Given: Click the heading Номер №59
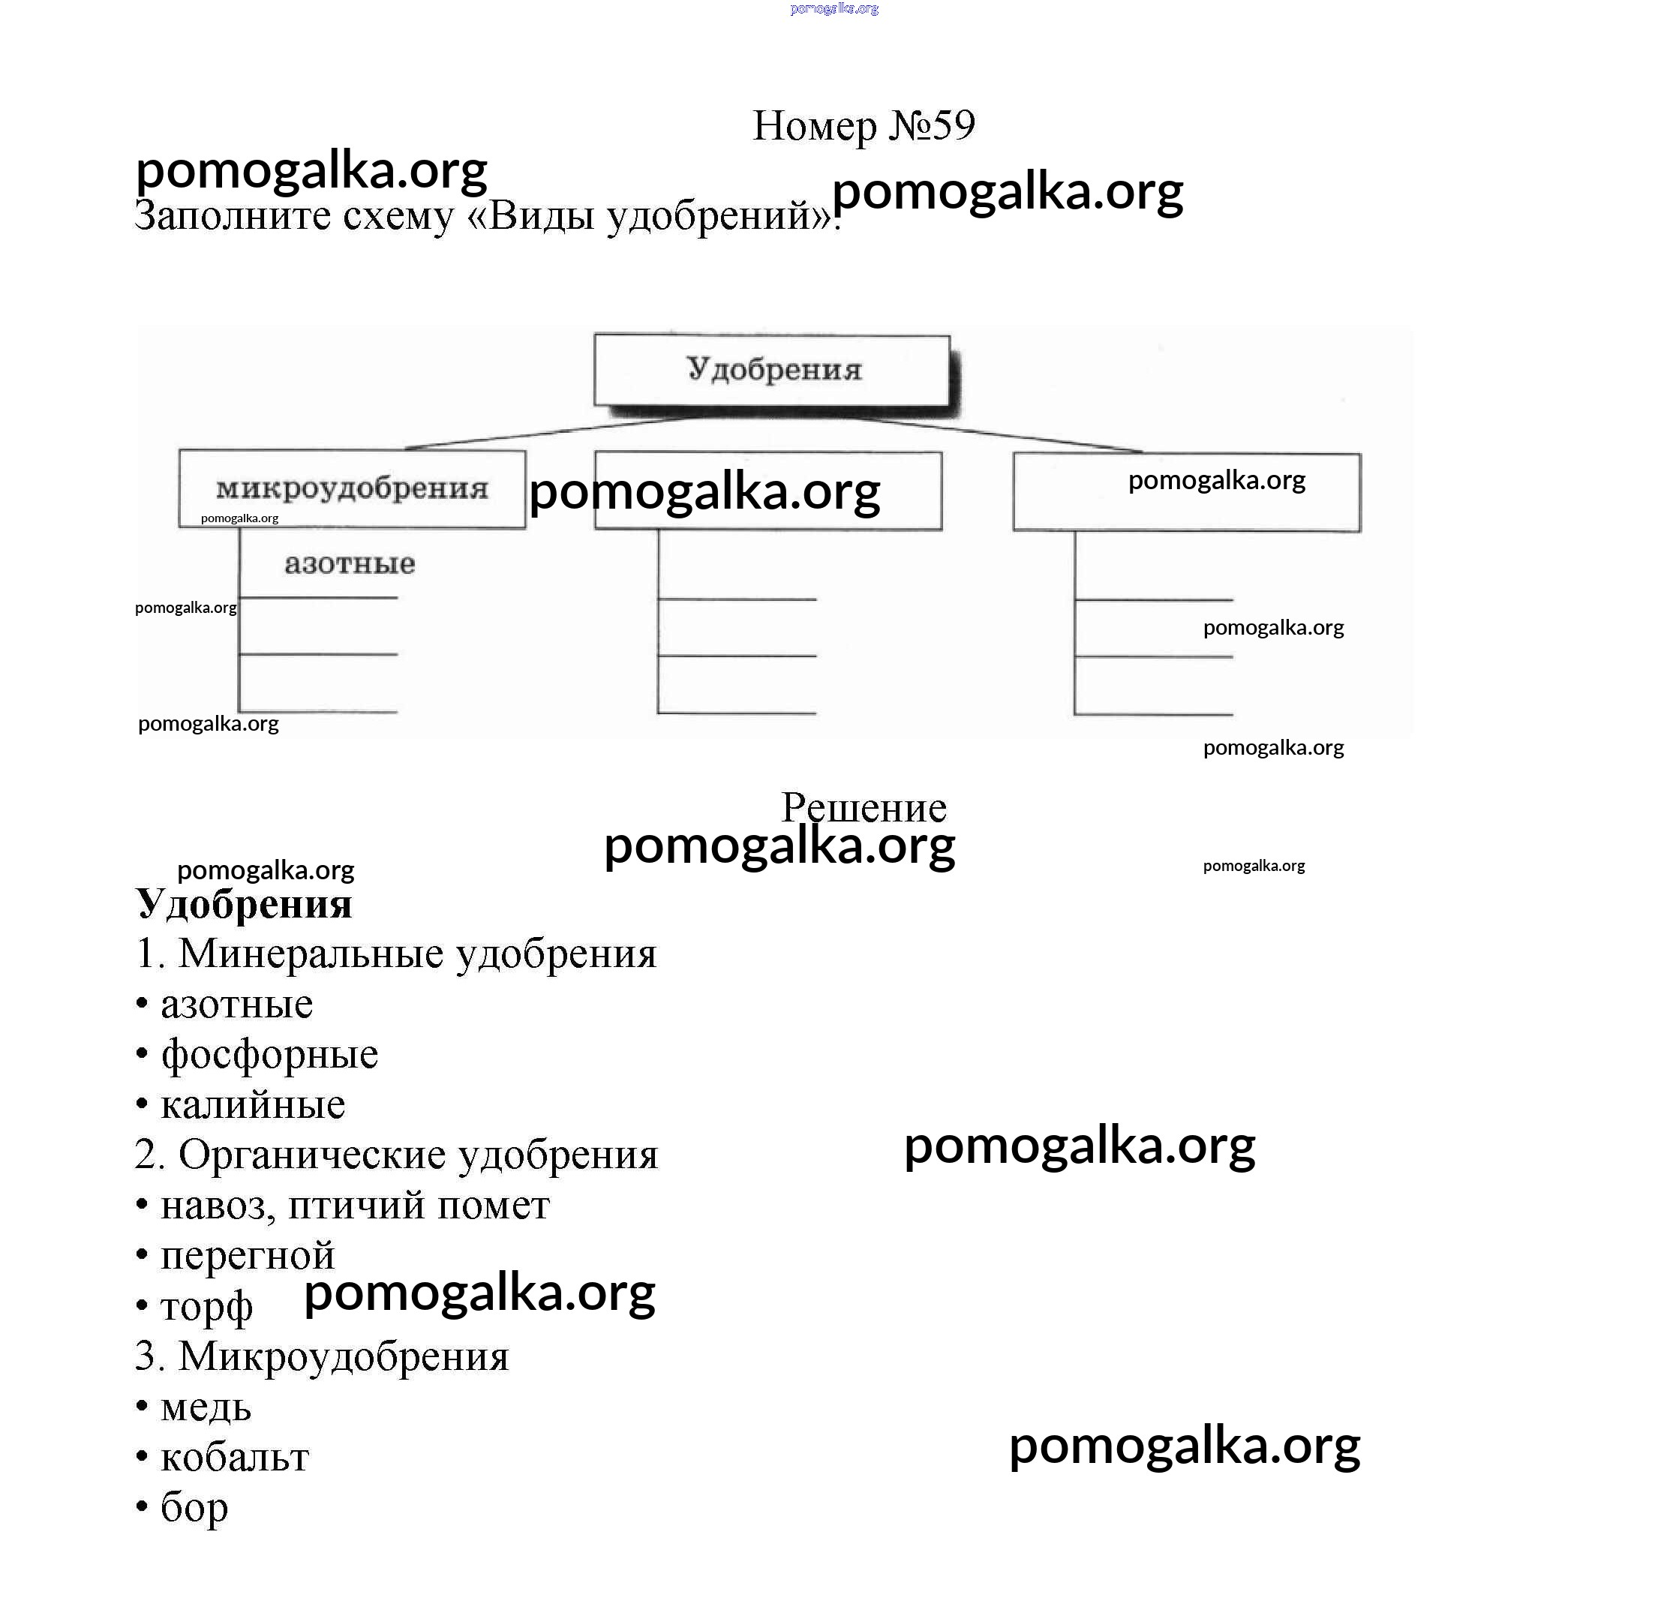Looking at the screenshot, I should point(864,126).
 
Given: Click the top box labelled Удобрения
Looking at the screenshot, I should point(772,370).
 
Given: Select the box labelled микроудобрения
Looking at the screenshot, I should point(352,489).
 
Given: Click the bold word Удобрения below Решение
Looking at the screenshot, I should point(244,903).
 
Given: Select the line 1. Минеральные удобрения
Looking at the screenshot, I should point(396,954).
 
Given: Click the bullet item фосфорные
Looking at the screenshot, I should point(269,1054).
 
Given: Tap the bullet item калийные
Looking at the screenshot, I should point(253,1104).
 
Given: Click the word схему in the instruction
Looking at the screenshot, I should point(398,215).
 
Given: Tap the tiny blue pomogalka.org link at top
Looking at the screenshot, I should point(833,8).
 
